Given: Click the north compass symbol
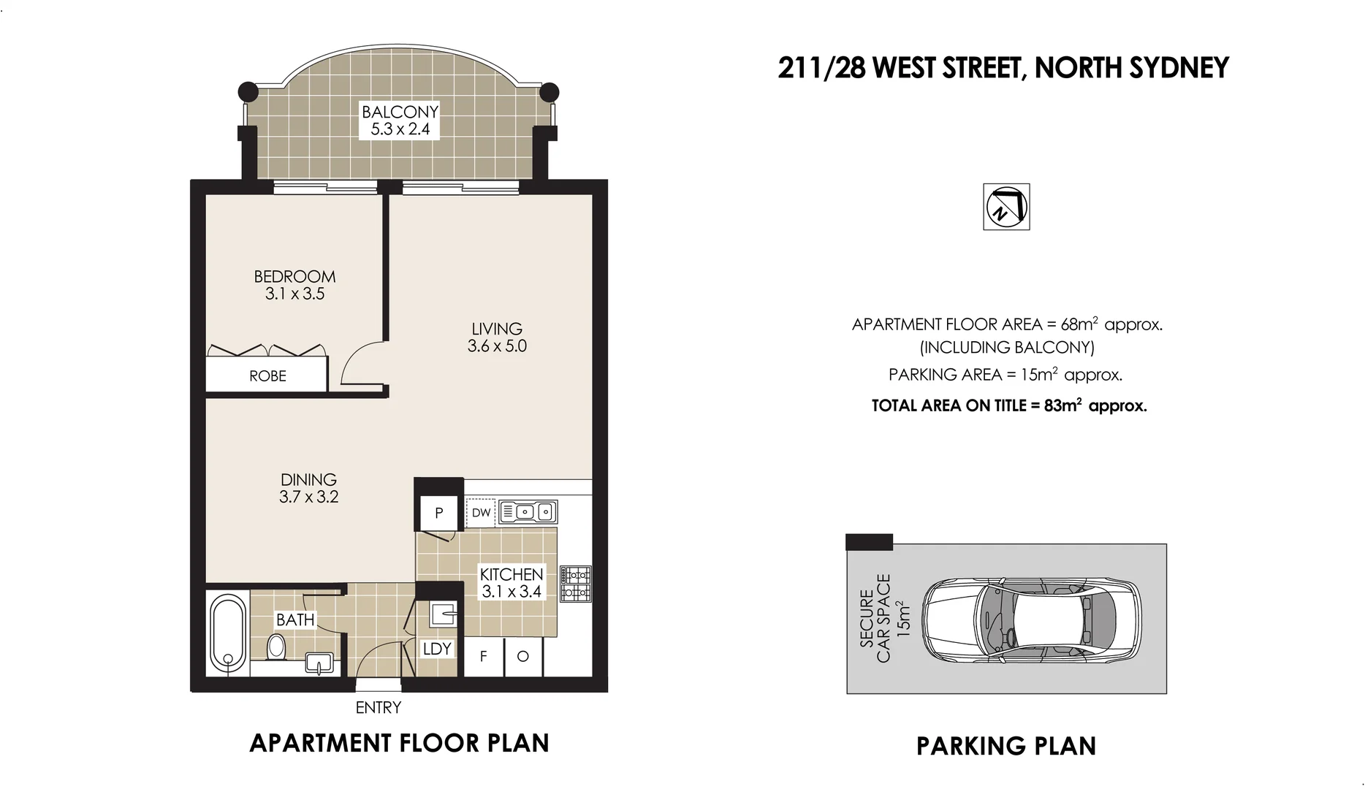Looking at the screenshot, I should coord(1006,207).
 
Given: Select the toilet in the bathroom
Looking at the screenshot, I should coord(276,647).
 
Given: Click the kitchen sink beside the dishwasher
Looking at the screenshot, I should coord(528,512).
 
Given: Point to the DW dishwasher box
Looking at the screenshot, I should coord(481,513).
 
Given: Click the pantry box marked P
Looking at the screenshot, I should coord(438,513).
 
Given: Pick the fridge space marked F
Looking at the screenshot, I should coord(483,657).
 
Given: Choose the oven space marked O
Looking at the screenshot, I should coord(523,657).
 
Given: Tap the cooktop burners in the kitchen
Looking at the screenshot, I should coord(576,584).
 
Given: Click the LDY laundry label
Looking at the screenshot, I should coord(437,649).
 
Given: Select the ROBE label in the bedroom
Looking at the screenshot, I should coord(267,376).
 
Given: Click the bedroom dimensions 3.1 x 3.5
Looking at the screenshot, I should coord(294,294).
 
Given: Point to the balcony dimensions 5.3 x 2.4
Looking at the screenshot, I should coord(400,130).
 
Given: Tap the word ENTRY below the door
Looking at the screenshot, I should coord(378,707).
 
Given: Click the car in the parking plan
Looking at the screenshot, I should coord(1030,620).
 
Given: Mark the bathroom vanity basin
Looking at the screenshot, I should coord(319,663).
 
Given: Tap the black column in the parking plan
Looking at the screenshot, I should coord(869,541).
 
